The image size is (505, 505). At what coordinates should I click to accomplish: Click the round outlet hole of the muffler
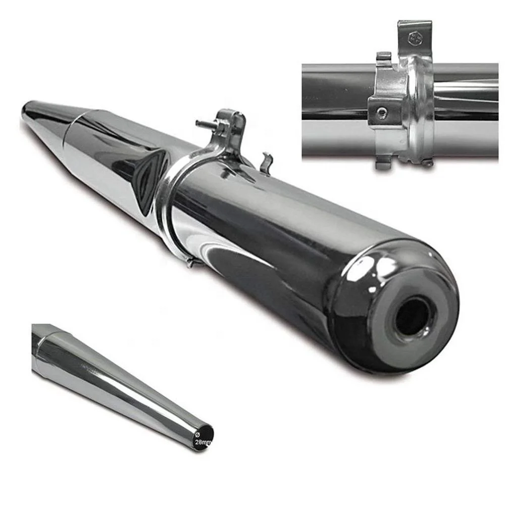[413, 316]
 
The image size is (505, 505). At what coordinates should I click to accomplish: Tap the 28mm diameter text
[203, 442]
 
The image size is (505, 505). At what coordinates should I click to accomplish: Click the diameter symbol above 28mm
[197, 435]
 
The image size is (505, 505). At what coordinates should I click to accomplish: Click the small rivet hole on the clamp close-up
[382, 112]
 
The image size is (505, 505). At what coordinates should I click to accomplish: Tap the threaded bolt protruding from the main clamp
[203, 123]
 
